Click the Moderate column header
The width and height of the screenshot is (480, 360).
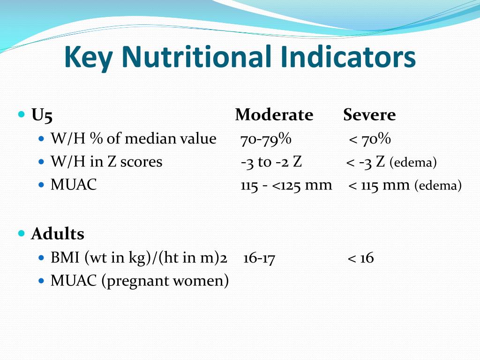pos(274,115)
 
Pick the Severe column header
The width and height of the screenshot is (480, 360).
pos(369,115)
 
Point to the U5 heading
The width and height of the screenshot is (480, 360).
pos(42,115)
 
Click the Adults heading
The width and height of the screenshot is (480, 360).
pos(57,233)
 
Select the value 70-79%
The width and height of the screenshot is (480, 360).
pos(266,139)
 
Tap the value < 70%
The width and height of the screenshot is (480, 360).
pos(370,139)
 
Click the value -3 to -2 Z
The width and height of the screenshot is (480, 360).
pos(271,162)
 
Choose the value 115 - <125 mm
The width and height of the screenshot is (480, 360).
pos(286,185)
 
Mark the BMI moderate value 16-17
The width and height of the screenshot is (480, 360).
pos(259,258)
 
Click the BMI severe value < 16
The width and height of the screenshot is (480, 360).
pos(360,258)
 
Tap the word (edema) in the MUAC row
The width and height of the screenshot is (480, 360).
pos(438,186)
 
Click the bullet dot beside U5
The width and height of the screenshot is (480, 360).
pos(21,114)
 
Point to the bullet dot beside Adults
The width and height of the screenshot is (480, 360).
pos(21,233)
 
